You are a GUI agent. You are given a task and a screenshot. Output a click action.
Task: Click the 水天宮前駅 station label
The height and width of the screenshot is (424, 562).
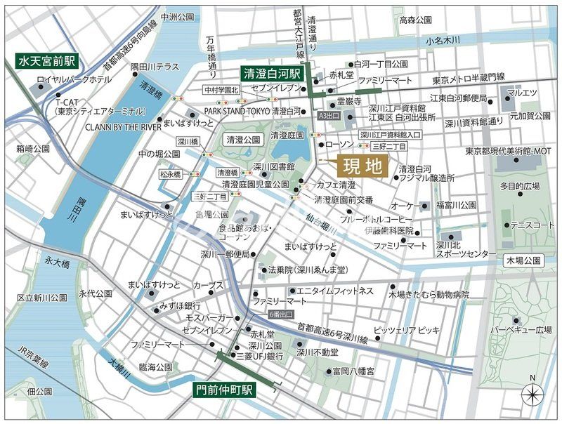(x=41, y=62)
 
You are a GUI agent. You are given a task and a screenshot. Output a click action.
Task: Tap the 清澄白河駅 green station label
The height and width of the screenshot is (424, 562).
(x=271, y=73)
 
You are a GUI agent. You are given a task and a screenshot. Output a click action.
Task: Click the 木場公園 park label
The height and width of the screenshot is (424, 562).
(x=523, y=260)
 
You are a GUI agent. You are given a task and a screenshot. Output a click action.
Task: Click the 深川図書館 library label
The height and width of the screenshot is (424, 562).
(x=273, y=166)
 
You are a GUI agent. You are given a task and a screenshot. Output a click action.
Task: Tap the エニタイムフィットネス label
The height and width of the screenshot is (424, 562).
(x=334, y=291)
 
